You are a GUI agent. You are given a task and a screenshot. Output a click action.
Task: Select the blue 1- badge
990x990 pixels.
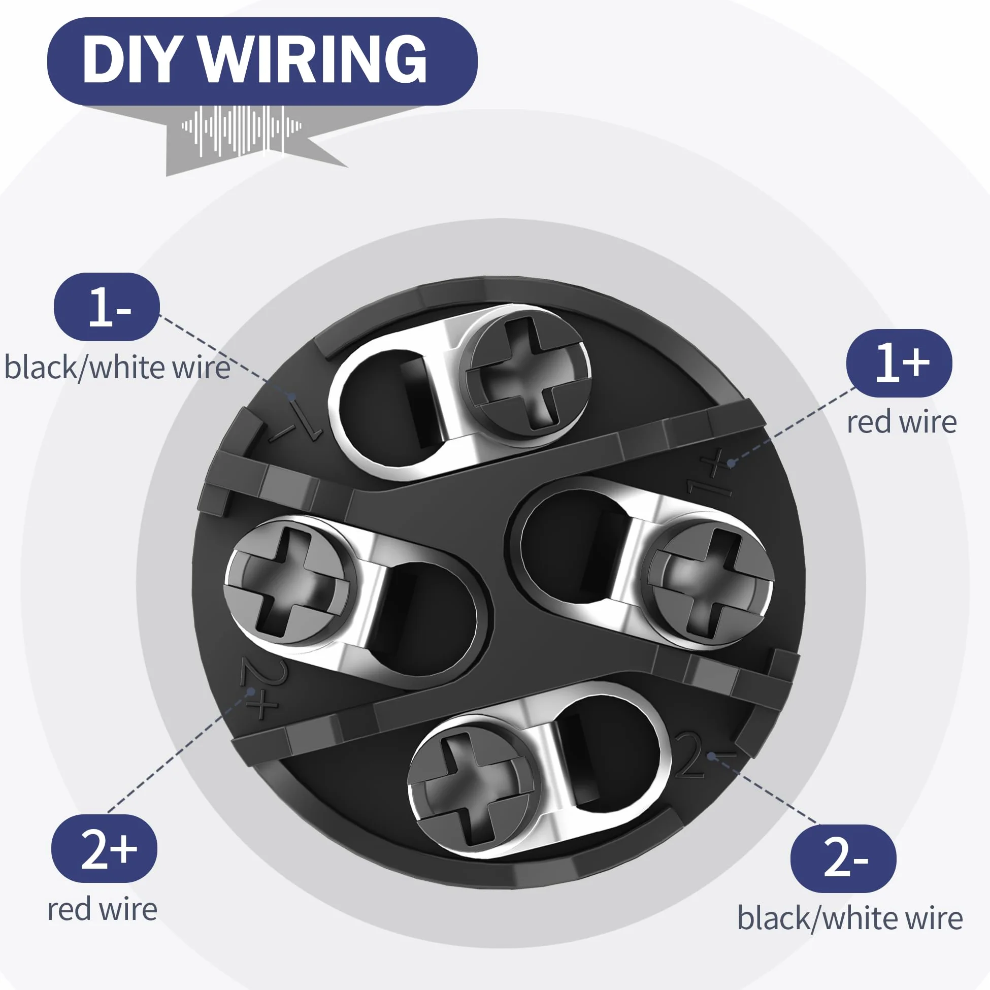[x=107, y=307]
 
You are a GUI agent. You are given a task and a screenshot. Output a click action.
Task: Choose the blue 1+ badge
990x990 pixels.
[x=899, y=363]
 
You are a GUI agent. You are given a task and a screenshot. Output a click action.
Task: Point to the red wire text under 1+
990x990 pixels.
[x=901, y=422]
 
